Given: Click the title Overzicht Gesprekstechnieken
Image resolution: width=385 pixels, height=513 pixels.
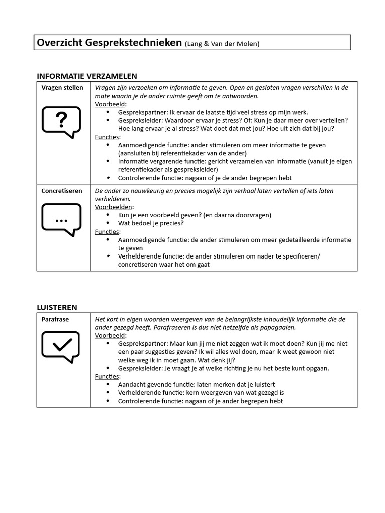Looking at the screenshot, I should [109, 43].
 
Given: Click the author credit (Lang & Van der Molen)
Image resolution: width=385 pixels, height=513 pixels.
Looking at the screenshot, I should [222, 44].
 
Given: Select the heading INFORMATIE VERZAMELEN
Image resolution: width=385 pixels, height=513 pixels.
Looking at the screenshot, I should [87, 76].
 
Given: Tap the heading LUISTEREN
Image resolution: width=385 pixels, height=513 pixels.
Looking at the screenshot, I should [57, 307].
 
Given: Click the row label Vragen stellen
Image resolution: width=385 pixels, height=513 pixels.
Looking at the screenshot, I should [62, 88].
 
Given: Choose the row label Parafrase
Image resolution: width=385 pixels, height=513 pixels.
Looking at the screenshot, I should [55, 319].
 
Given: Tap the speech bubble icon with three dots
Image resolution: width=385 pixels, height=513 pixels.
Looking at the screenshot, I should [61, 220].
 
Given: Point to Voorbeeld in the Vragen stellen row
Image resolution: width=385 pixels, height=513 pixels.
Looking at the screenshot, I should [111, 104].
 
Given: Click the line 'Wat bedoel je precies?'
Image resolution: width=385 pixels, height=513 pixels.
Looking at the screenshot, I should [151, 223].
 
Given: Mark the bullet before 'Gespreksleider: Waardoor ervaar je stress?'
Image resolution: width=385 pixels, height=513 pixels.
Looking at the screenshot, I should [108, 120].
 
